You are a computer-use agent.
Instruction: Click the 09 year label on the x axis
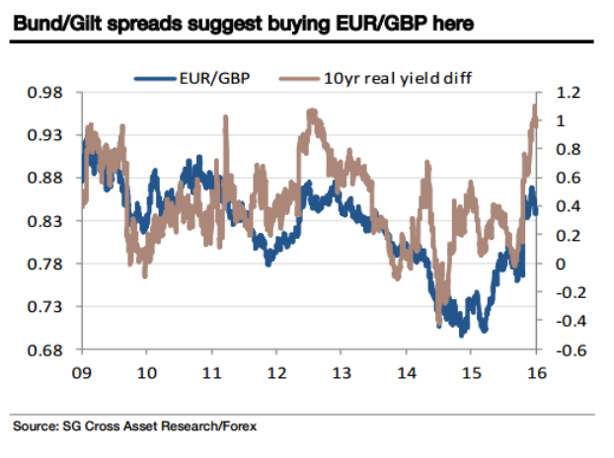(83, 374)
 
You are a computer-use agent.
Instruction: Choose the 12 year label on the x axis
(276, 374)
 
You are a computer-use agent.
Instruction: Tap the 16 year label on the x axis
(535, 374)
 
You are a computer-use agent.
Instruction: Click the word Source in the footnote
(34, 427)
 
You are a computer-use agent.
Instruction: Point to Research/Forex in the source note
(209, 427)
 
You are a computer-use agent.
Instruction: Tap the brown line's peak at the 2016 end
(534, 106)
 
